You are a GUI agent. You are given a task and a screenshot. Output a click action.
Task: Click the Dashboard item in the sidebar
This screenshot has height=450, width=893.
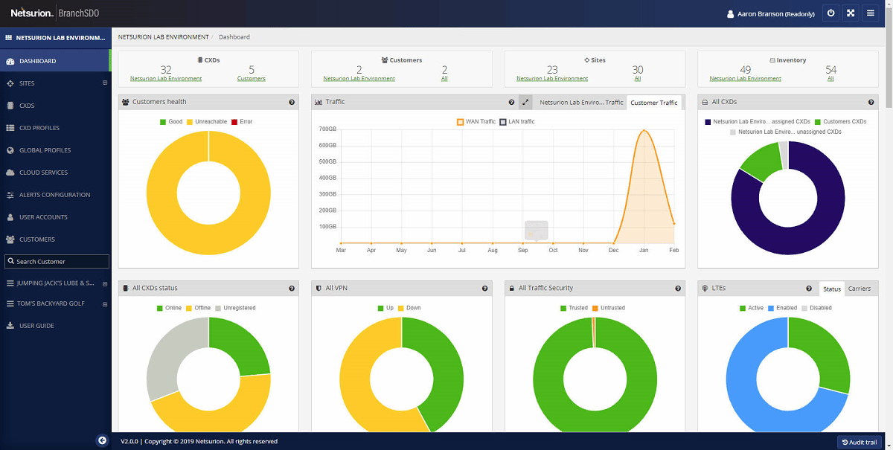(x=37, y=61)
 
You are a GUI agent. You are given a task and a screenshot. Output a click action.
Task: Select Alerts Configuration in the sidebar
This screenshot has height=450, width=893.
(x=54, y=195)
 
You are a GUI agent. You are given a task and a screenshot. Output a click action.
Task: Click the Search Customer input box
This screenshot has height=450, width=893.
(x=57, y=262)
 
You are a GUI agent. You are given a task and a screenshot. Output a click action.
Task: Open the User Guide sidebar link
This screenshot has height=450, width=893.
(x=36, y=326)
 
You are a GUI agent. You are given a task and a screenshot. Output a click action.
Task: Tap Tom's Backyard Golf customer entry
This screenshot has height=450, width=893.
(x=50, y=303)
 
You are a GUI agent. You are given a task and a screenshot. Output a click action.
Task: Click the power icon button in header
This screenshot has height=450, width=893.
(x=830, y=13)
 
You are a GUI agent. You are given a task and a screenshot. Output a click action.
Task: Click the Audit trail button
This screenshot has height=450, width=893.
(x=860, y=442)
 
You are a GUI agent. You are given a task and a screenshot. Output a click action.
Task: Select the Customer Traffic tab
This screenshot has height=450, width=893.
(x=653, y=103)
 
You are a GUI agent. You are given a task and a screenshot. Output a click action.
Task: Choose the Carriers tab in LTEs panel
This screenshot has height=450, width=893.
(x=859, y=289)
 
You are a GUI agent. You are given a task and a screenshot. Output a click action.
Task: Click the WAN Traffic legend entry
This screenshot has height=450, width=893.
(x=476, y=121)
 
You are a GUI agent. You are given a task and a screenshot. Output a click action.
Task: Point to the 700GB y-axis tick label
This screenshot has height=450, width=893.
(x=327, y=129)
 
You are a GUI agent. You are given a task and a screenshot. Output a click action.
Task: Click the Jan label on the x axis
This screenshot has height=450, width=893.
(x=644, y=251)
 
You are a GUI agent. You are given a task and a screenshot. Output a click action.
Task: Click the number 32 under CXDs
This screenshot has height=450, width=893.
(x=166, y=70)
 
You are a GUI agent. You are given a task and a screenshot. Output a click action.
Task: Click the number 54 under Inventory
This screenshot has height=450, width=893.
(x=830, y=70)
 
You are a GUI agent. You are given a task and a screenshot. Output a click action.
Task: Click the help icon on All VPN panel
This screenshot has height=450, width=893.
(x=484, y=289)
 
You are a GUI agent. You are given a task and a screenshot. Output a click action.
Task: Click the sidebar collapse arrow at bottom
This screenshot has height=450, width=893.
(x=102, y=440)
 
